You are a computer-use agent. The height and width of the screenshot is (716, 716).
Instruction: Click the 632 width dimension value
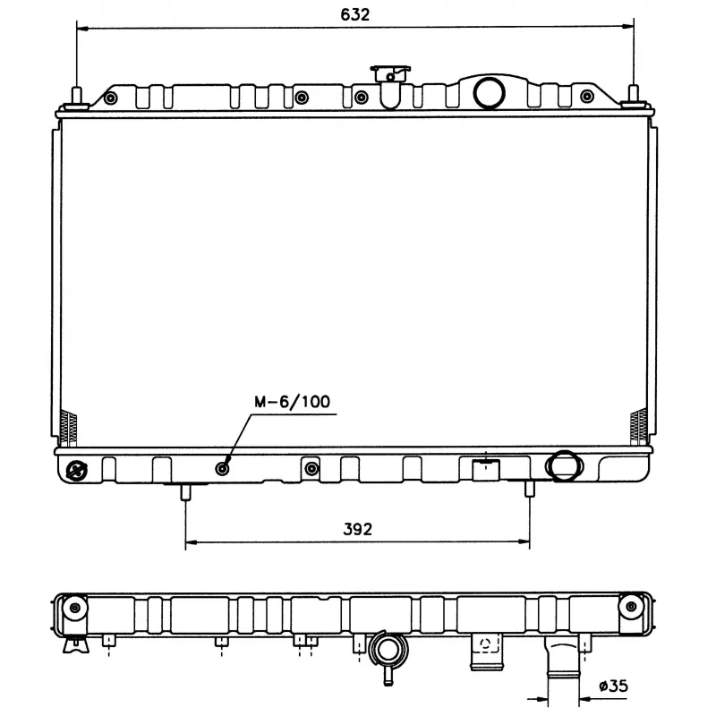[355, 14]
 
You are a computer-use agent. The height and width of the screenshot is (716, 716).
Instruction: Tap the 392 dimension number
[356, 529]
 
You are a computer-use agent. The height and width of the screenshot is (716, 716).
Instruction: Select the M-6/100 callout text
[292, 402]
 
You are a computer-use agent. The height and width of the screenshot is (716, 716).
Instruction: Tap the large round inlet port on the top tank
[489, 91]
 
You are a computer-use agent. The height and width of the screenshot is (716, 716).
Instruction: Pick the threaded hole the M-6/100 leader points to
[223, 468]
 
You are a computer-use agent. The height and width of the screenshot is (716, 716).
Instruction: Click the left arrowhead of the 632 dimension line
[82, 29]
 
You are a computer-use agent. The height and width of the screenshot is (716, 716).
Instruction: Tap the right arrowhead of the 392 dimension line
[524, 542]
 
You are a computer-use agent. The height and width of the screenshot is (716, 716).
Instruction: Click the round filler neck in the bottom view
[388, 647]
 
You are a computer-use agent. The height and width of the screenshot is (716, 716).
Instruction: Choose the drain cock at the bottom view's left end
[75, 644]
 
